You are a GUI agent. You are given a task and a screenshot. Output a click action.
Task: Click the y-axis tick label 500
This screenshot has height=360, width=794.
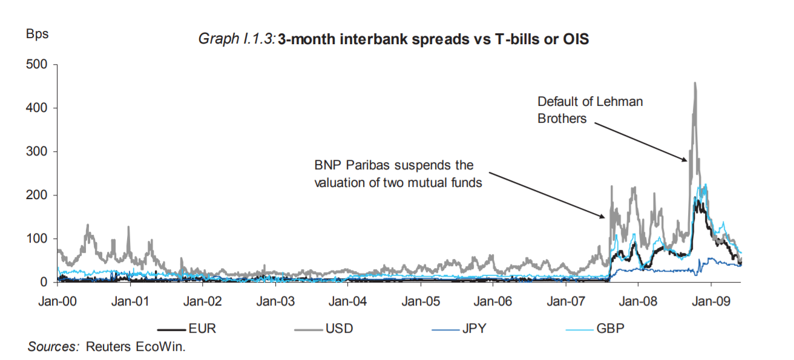(36, 65)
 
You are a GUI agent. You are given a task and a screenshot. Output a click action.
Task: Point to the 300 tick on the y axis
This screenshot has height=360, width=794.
(36, 152)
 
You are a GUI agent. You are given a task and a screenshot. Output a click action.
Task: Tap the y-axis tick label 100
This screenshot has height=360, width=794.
(36, 239)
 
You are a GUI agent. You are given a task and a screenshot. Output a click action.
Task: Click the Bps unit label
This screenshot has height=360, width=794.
(38, 34)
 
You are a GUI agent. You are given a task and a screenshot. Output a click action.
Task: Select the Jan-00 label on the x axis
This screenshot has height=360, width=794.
(57, 301)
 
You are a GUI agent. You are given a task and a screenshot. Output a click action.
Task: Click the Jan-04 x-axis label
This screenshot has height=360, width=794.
(348, 301)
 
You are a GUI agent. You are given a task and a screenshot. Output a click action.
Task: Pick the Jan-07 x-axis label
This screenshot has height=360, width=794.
(566, 301)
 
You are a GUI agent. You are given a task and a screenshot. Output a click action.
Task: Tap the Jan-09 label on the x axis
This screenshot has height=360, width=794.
(711, 301)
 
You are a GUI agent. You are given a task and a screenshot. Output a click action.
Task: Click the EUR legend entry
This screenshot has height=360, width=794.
(187, 329)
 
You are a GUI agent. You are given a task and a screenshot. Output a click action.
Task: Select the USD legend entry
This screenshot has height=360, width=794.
(324, 329)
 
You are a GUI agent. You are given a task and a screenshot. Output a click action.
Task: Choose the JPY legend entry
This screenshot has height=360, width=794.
(459, 329)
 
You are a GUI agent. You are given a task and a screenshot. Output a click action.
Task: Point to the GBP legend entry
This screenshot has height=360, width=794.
(595, 329)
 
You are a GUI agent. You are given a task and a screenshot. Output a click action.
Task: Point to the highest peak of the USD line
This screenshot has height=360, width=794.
(695, 83)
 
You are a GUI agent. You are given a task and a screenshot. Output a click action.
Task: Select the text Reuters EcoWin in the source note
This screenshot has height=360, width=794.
(135, 347)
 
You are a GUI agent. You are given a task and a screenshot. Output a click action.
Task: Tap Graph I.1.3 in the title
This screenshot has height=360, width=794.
(237, 39)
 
